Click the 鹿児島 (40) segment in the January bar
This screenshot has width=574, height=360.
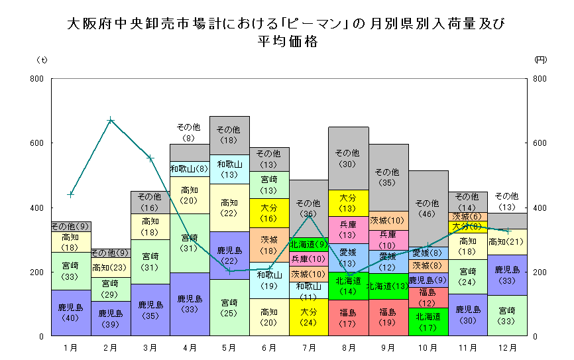coord(70,313)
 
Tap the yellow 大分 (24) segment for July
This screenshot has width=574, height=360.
coord(309,318)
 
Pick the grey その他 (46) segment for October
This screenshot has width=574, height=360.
coord(428,208)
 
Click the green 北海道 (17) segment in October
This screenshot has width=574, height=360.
coord(428,322)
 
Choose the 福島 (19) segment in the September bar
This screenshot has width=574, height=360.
coord(388,318)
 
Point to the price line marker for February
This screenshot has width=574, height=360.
coord(111,120)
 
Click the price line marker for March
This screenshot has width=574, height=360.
coord(150,158)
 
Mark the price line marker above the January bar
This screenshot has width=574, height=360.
coord(71,194)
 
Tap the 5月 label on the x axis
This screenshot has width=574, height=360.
coord(229,347)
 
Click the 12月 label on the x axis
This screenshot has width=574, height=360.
coord(507,347)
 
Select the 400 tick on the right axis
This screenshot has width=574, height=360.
coord(540,208)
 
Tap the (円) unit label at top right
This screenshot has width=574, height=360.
coord(540,60)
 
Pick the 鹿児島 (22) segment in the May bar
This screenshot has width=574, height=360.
coord(229,255)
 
